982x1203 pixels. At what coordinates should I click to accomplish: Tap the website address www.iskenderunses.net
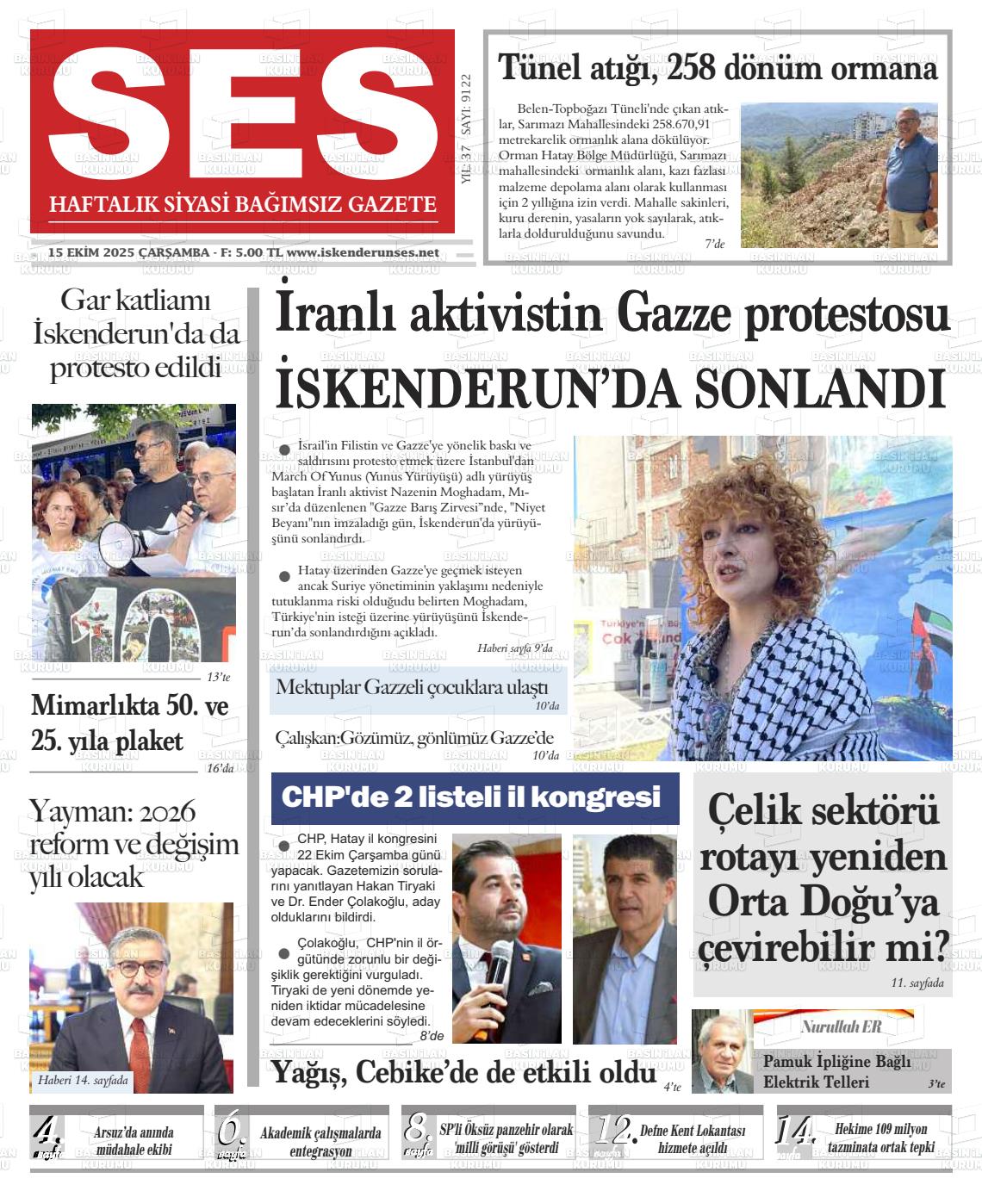pyautogui.click(x=363, y=252)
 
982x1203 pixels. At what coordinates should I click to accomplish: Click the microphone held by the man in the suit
pyautogui.click(x=500, y=965)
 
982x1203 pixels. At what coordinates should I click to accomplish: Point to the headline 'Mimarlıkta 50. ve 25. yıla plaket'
pyautogui.click(x=130, y=723)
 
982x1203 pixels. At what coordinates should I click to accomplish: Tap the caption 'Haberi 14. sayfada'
pyautogui.click(x=83, y=1080)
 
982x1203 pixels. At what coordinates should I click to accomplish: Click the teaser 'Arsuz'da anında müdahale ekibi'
pyautogui.click(x=134, y=1140)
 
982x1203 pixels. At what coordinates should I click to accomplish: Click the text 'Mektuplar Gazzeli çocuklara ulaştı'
pyautogui.click(x=412, y=687)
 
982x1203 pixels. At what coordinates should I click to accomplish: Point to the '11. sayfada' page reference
pyautogui.click(x=917, y=983)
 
